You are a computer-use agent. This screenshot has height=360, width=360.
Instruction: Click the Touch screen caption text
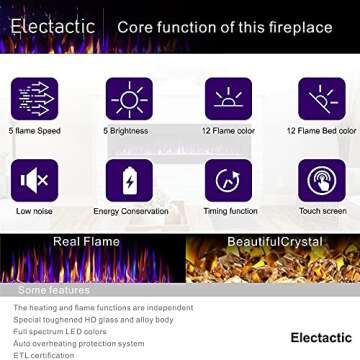click(321, 212)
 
